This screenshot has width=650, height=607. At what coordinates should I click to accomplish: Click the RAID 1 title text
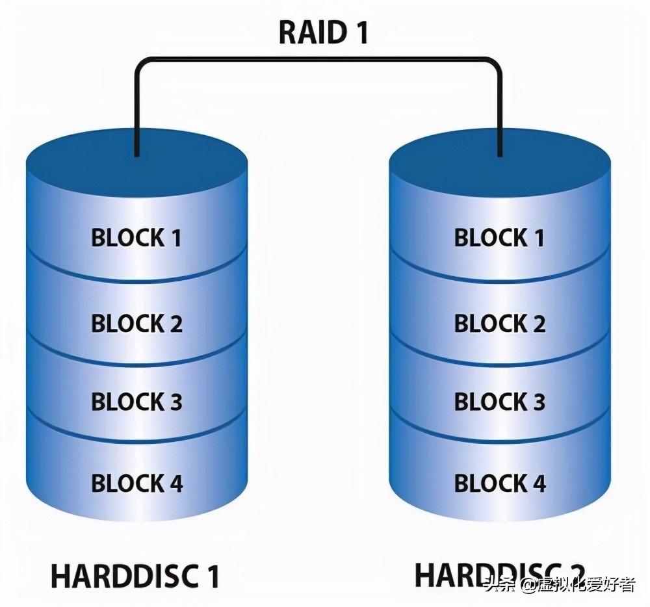pos(323,32)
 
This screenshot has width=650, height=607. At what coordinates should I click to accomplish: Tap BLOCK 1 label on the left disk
pos(136,239)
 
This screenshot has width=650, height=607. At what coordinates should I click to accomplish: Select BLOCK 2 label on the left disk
pos(136,323)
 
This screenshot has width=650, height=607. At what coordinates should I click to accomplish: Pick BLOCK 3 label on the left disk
pos(136,402)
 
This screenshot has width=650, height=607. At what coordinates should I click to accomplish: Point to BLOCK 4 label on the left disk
pos(136,484)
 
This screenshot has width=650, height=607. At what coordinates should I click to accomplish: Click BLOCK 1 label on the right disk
pos(499,239)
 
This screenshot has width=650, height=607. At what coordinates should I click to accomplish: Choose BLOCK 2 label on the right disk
pos(499,323)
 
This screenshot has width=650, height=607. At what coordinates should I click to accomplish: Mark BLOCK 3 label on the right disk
pos(499,402)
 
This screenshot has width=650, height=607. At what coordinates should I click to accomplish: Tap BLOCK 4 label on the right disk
pos(499,484)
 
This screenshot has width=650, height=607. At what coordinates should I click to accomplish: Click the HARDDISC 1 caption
pos(135,576)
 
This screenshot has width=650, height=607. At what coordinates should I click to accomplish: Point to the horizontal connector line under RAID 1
pos(318,60)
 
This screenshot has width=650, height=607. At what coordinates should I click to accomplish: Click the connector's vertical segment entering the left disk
pos(136,110)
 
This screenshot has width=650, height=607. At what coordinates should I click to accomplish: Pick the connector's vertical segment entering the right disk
pos(500,110)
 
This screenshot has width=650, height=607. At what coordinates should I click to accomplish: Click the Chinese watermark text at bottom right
pos(559,585)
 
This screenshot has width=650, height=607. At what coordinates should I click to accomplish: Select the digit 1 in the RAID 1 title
pos(359,32)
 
